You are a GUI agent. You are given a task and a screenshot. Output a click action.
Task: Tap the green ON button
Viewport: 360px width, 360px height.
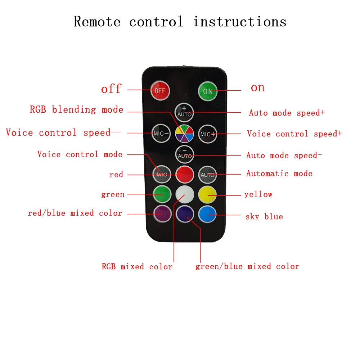click(208, 91)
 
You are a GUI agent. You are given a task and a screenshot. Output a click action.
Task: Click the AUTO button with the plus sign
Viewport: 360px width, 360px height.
click(184, 112)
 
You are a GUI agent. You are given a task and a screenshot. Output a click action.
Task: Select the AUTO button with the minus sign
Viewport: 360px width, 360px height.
click(184, 155)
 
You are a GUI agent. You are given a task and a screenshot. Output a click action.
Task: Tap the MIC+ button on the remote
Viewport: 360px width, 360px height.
click(208, 134)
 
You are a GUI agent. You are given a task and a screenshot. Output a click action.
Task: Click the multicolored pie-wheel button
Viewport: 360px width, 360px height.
click(184, 134)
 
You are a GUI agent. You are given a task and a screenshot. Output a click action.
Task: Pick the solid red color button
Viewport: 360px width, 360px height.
click(185, 175)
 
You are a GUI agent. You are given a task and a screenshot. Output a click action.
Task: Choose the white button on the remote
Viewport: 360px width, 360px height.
click(185, 195)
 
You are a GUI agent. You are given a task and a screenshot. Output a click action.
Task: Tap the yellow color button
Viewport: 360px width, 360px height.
click(208, 195)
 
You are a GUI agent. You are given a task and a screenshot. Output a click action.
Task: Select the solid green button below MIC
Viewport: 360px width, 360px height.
click(162, 195)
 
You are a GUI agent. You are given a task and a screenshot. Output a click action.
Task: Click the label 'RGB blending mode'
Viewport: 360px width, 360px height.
click(77, 110)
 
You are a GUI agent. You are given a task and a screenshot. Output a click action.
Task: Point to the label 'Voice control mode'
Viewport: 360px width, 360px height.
click(80, 154)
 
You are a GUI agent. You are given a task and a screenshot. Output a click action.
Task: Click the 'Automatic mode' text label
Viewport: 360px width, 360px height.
click(279, 174)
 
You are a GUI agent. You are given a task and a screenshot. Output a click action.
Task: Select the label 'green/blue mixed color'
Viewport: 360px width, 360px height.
click(247, 266)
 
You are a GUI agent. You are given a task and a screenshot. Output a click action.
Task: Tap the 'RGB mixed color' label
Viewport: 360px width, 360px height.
click(137, 267)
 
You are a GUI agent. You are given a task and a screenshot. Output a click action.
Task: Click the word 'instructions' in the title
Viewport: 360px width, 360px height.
click(240, 22)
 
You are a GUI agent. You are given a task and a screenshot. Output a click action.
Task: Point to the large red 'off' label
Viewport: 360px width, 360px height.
click(111, 89)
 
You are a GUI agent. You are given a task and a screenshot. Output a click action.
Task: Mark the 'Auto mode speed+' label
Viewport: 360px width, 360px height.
click(287, 113)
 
